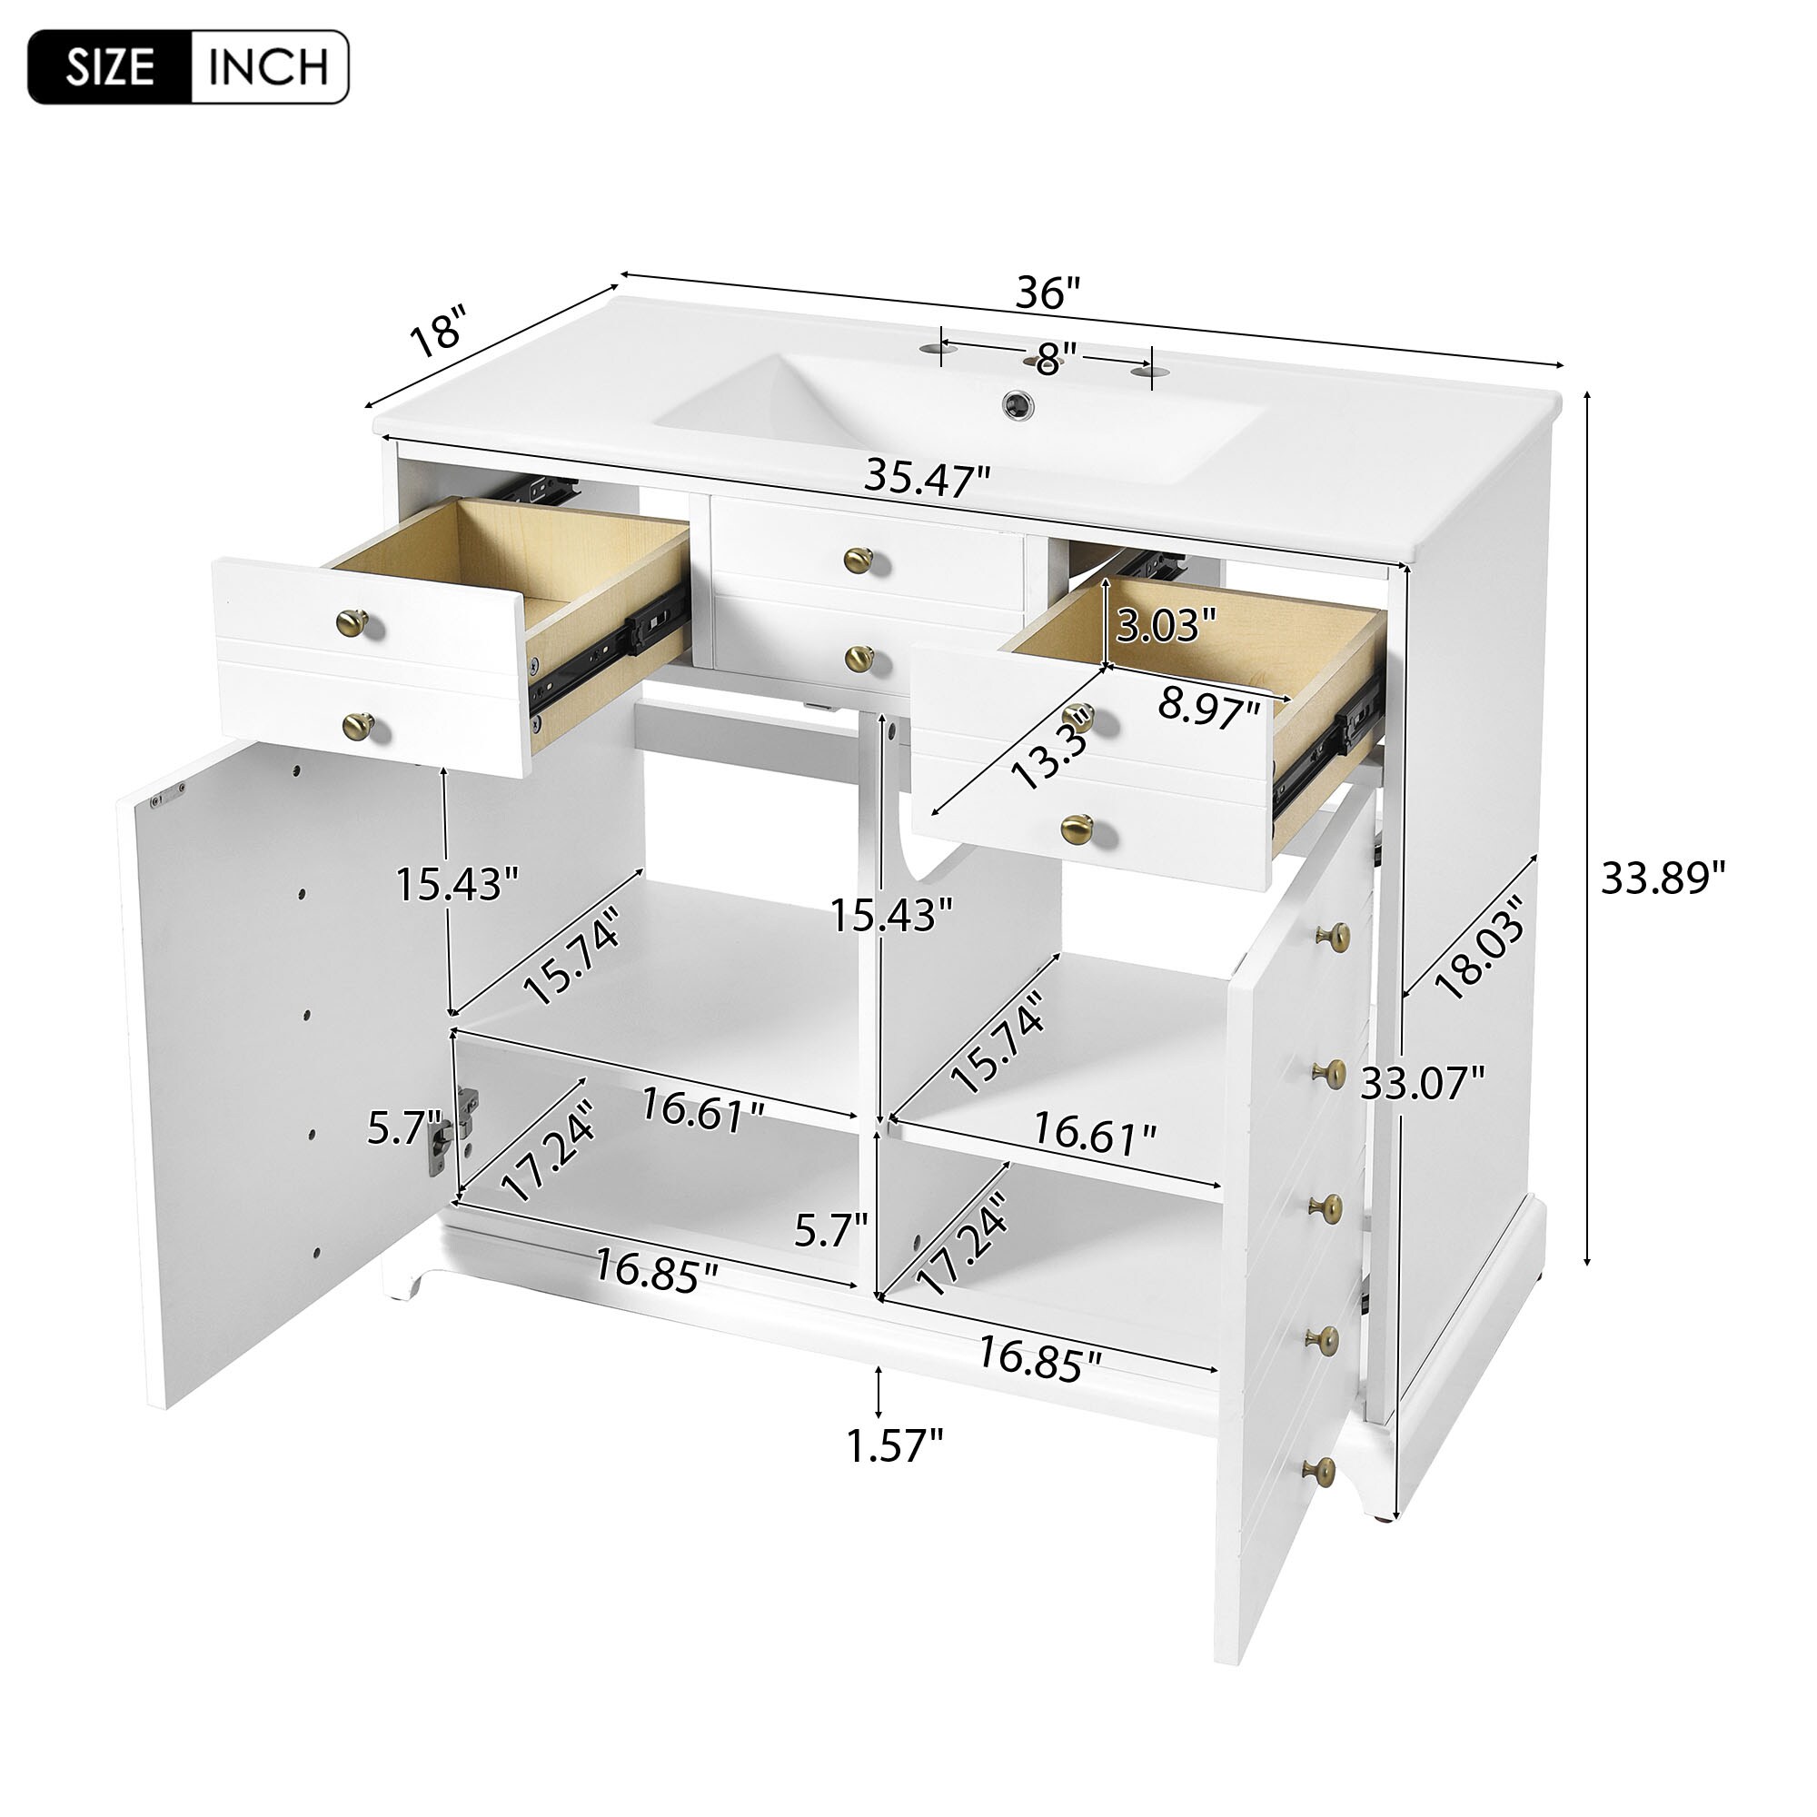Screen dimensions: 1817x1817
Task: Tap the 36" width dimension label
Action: click(1048, 293)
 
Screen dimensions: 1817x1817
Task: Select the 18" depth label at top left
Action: click(438, 329)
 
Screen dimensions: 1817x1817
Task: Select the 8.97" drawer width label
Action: click(1208, 707)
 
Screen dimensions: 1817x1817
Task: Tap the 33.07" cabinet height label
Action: click(1423, 1084)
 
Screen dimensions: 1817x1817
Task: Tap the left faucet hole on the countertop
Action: click(934, 349)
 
